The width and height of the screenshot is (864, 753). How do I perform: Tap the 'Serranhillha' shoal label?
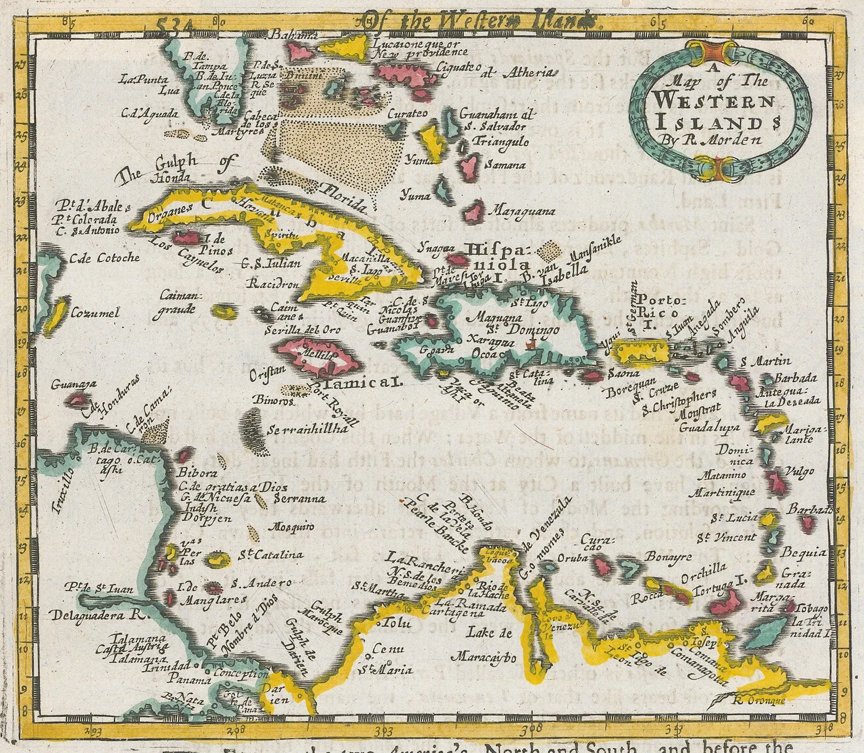(x=307, y=430)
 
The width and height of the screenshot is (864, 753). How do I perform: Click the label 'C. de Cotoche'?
(x=105, y=258)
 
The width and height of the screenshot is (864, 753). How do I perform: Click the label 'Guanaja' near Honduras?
(x=74, y=384)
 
